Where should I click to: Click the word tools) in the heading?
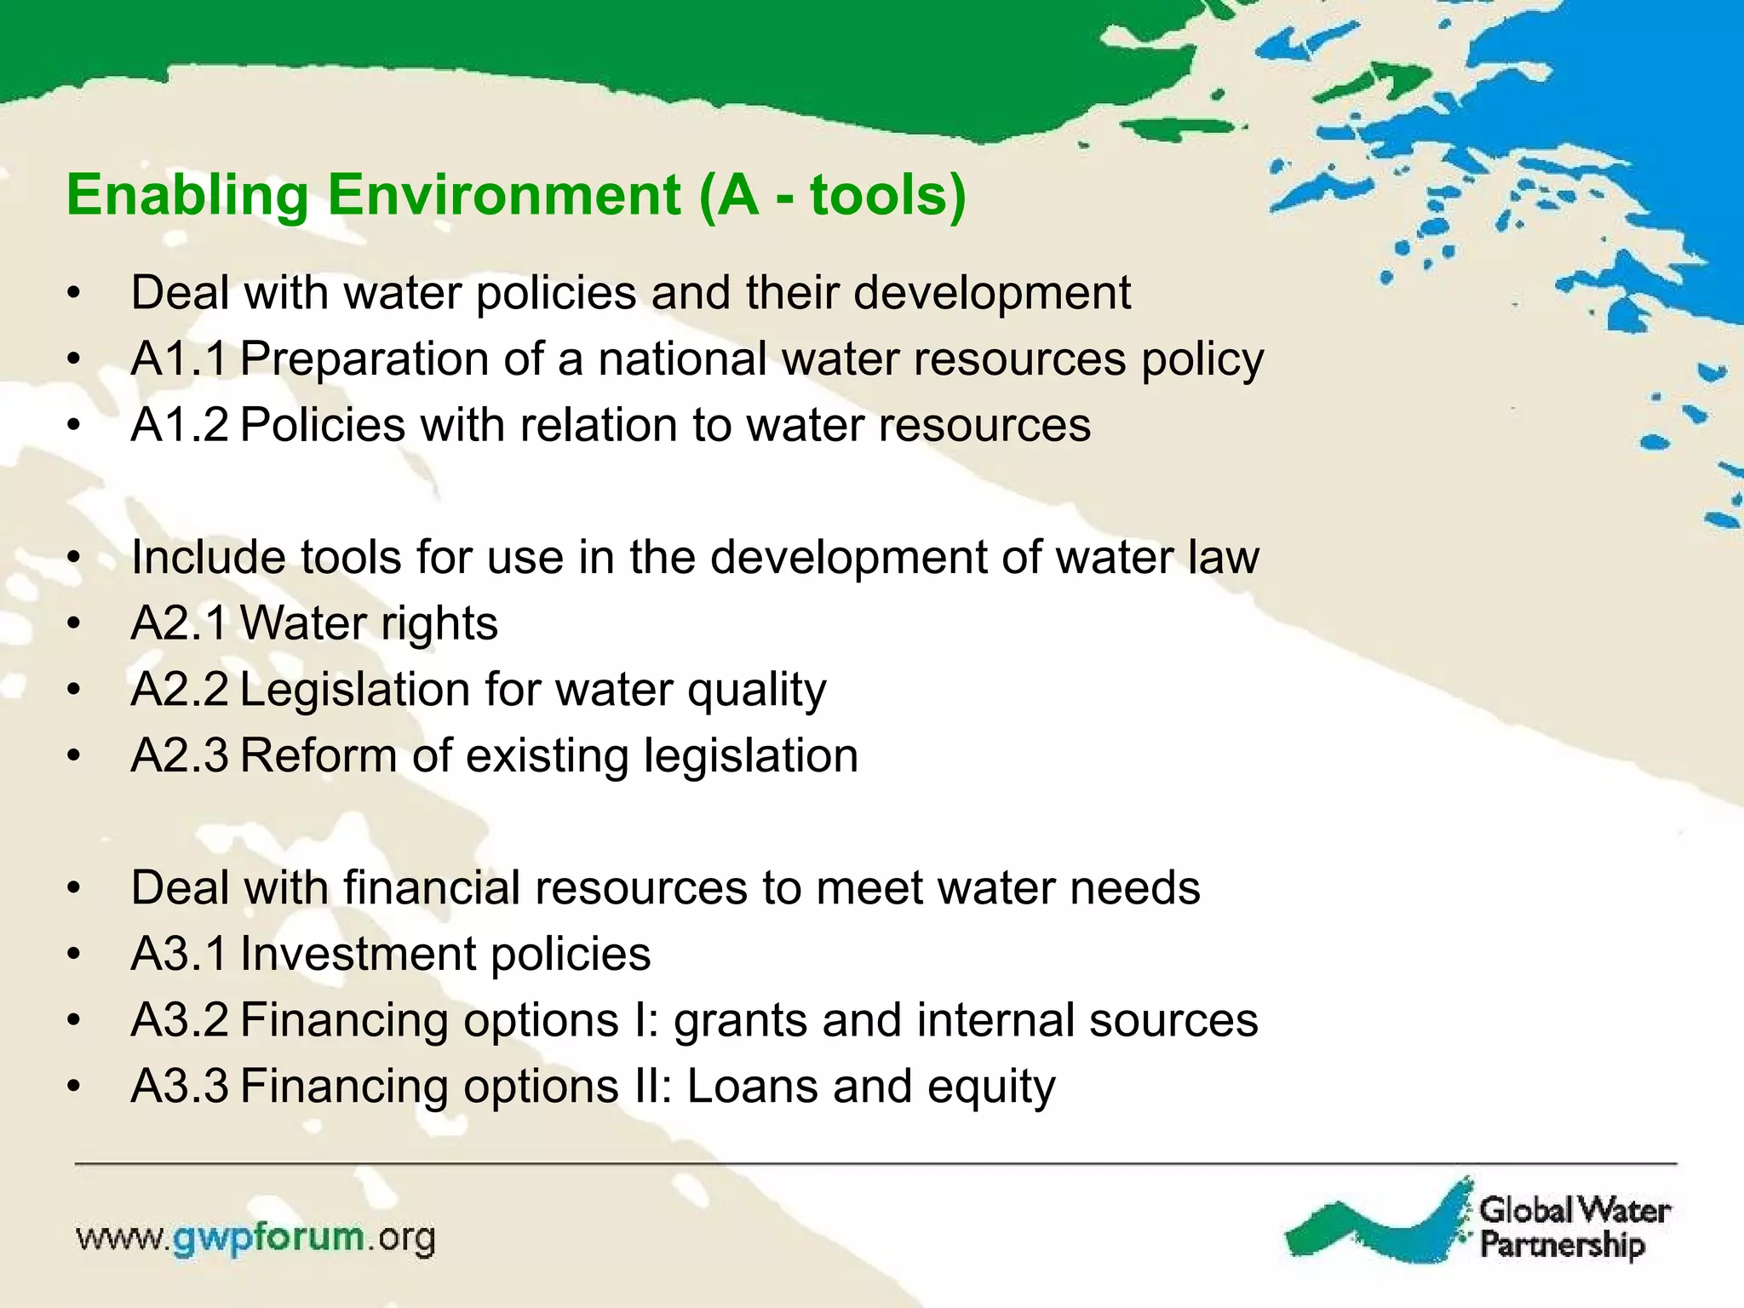(x=887, y=195)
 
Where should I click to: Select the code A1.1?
(x=179, y=359)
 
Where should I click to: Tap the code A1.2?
(x=179, y=426)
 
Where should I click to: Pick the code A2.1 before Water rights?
(x=179, y=624)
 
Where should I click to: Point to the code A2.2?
(x=179, y=690)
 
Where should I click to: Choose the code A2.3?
(x=179, y=756)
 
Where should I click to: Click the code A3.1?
(x=179, y=955)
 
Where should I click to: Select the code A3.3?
(x=179, y=1087)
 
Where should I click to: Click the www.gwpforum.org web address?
(x=255, y=1238)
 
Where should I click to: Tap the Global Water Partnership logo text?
(x=1574, y=1227)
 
